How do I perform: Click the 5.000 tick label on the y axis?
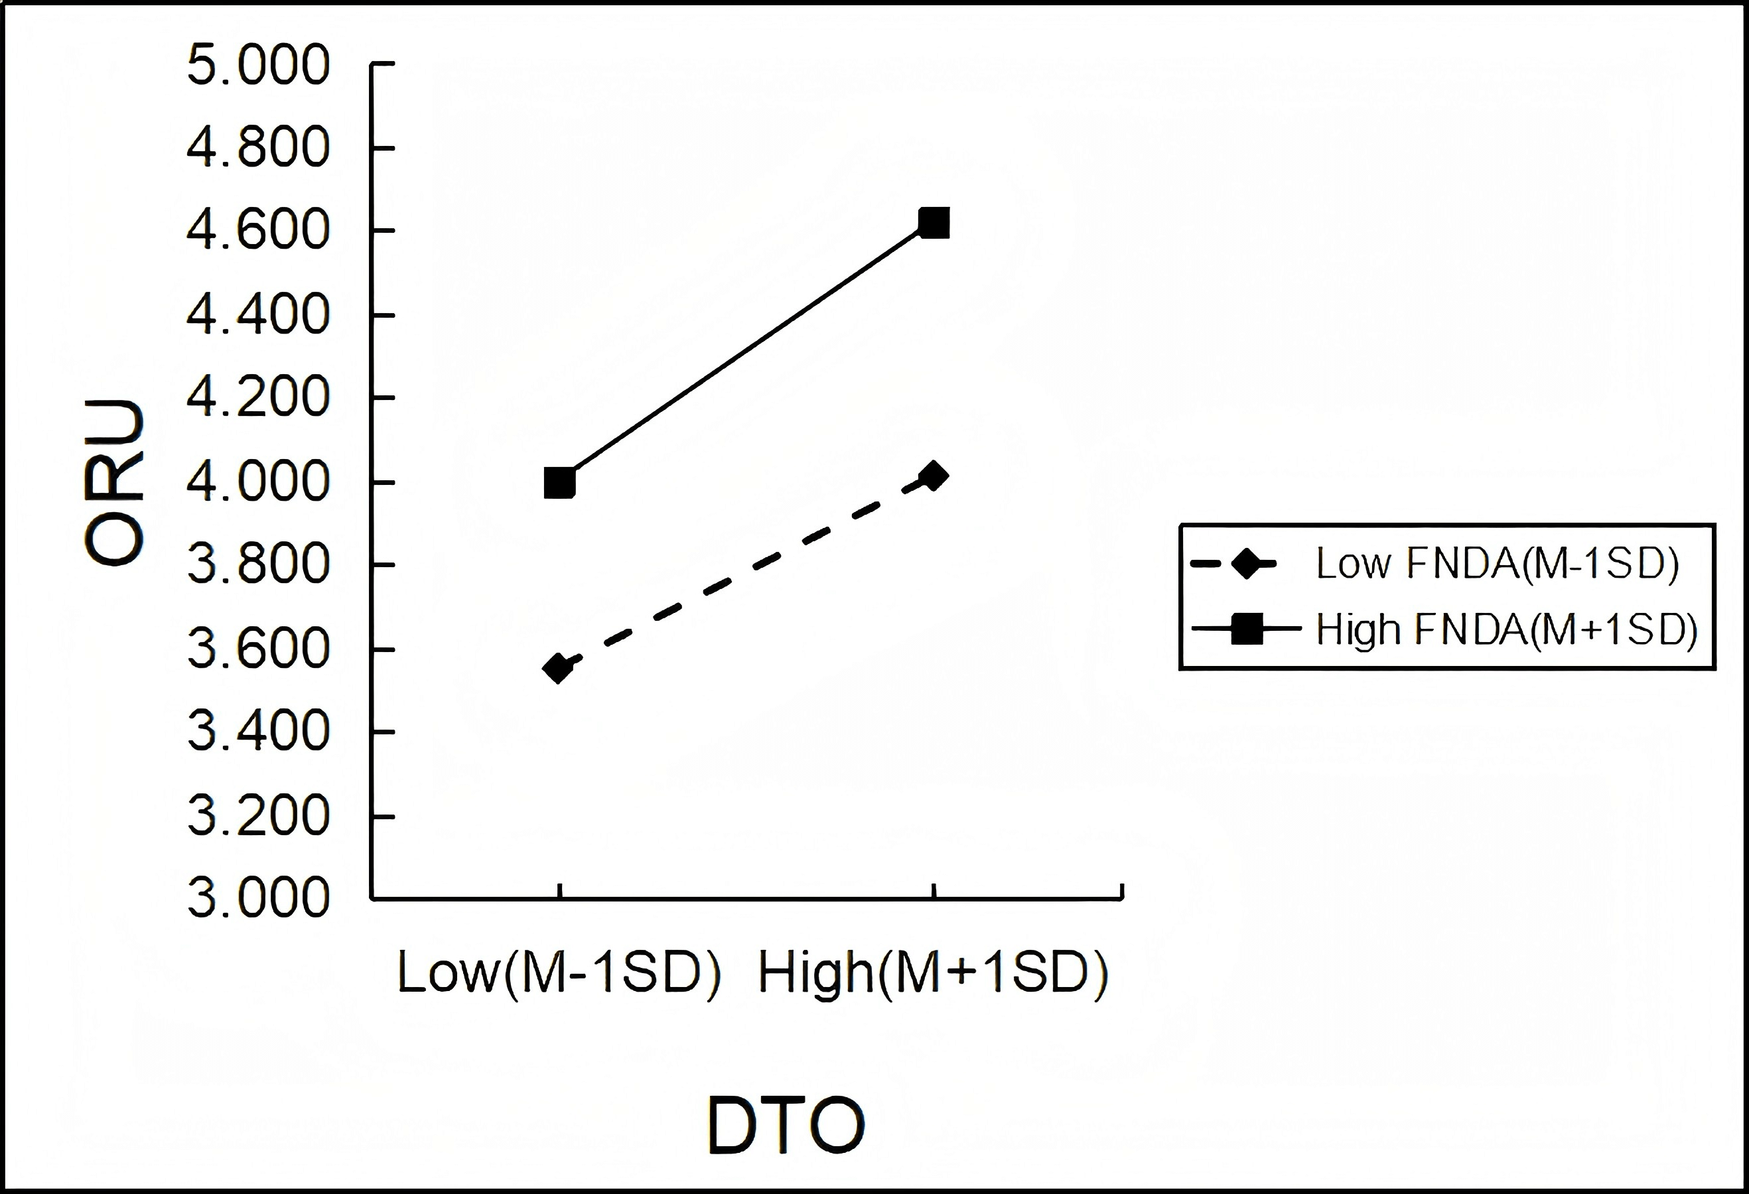[x=258, y=65]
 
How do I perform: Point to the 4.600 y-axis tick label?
[x=258, y=230]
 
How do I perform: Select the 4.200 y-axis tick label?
[x=258, y=397]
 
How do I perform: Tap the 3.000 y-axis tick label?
[x=258, y=897]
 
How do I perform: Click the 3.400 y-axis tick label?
[x=258, y=731]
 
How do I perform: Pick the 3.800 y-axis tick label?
[x=258, y=564]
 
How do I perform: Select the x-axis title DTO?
[x=786, y=1126]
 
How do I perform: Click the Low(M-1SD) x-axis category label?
[x=559, y=974]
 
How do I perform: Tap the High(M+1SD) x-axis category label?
[x=933, y=974]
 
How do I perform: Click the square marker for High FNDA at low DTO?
[x=559, y=482]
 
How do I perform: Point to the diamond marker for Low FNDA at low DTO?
[x=559, y=667]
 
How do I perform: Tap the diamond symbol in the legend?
[x=1247, y=564]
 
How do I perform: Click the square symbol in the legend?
[x=1247, y=629]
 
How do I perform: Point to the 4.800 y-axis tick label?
[x=258, y=147]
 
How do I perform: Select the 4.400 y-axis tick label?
[x=258, y=314]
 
